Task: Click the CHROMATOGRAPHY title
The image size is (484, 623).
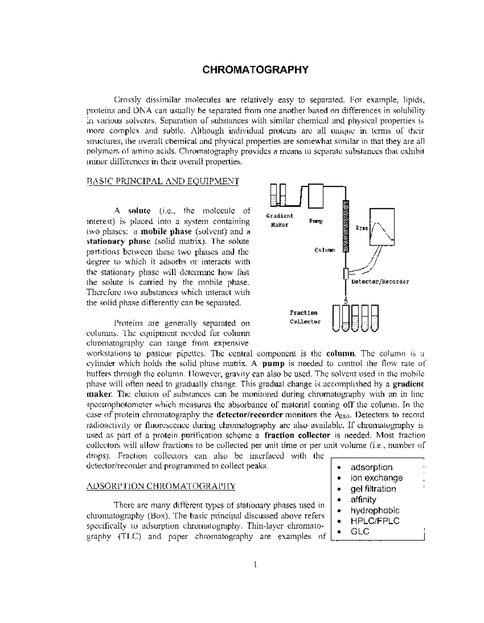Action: [255, 70]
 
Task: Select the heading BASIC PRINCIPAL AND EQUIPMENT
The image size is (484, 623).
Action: [163, 181]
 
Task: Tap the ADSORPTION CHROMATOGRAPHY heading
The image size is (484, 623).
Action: [161, 486]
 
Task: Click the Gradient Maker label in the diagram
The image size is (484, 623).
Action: [280, 220]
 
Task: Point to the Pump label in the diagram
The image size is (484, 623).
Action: [315, 221]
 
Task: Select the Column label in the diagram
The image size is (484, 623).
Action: [324, 250]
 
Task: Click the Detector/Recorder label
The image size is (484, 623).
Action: [380, 281]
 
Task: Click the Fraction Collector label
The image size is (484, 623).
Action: [305, 317]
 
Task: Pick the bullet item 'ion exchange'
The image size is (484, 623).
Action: [376, 478]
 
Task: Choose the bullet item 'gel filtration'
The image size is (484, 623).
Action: [373, 489]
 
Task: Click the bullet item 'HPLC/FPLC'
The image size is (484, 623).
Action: [375, 521]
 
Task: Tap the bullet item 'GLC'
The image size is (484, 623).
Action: [360, 531]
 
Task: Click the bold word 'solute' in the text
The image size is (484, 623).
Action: [139, 211]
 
